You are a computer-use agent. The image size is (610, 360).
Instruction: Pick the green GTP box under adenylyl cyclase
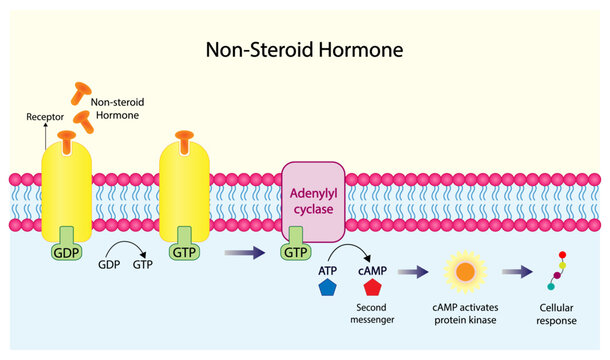[296, 251]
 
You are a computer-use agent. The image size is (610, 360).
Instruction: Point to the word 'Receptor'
[43, 117]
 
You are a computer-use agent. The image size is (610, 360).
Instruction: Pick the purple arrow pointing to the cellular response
[516, 270]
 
